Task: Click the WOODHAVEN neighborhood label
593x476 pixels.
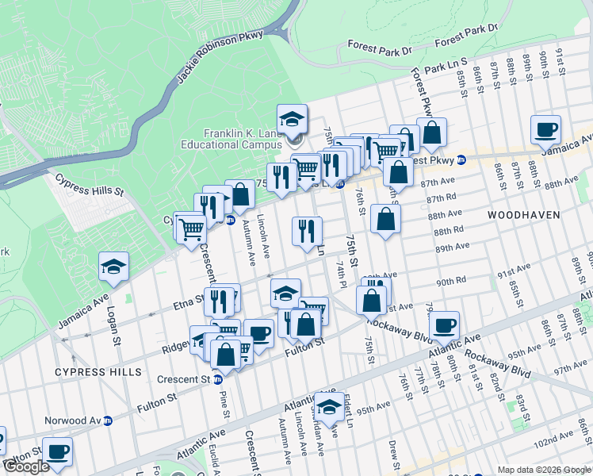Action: [524, 215]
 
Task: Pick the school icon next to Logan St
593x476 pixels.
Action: [113, 267]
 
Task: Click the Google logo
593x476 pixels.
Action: [26, 466]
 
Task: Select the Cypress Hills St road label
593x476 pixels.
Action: [90, 185]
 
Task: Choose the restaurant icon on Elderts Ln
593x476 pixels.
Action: [307, 231]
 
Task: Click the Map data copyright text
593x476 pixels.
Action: [544, 470]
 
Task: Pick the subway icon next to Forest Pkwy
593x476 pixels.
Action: [461, 159]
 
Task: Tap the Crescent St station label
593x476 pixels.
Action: [183, 379]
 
